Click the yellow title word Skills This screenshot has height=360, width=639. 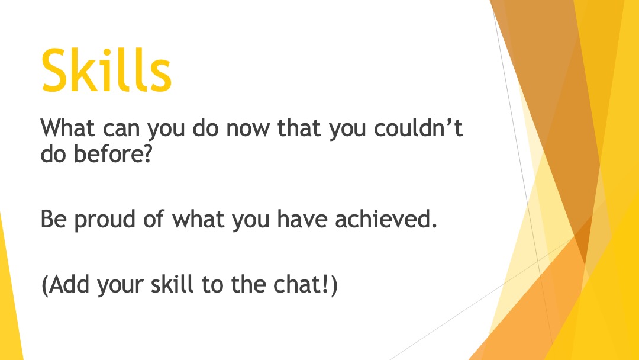click(106, 70)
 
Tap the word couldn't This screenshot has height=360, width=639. click(418, 128)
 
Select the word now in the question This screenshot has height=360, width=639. click(248, 129)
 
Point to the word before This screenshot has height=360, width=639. click(108, 154)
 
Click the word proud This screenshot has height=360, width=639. click(105, 220)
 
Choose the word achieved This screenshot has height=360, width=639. click(382, 218)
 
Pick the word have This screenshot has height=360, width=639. click(302, 218)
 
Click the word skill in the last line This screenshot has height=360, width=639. click(172, 284)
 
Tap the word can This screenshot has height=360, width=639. click(121, 130)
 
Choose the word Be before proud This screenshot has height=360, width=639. click(53, 219)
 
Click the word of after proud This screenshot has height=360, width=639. click(154, 218)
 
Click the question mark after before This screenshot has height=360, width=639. click(147, 154)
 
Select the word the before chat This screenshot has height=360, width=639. click(248, 284)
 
